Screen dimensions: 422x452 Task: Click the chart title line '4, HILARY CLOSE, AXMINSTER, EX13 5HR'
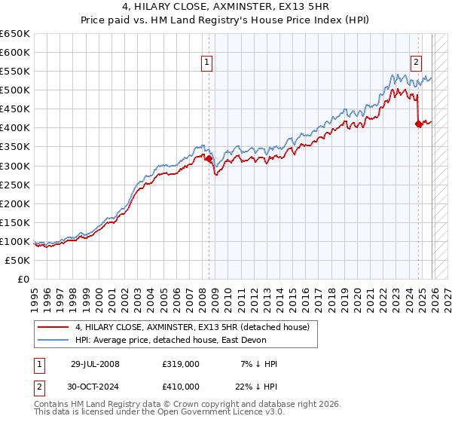pos(226,8)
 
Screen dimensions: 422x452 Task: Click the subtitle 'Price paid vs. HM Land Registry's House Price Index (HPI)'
pos(226,21)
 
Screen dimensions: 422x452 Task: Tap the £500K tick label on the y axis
pos(15,90)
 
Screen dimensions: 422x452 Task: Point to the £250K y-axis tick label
pos(15,185)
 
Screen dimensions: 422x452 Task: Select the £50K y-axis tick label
pos(18,260)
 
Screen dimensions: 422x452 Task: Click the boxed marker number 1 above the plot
pos(206,63)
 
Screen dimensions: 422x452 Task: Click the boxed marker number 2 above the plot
pos(416,63)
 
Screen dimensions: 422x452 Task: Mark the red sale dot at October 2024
pos(418,124)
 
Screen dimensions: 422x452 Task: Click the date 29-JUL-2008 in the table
pos(95,364)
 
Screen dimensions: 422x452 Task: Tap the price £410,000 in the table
pos(180,386)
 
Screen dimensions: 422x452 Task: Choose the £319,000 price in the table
pos(180,364)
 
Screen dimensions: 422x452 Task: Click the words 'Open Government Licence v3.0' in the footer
pos(219,413)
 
